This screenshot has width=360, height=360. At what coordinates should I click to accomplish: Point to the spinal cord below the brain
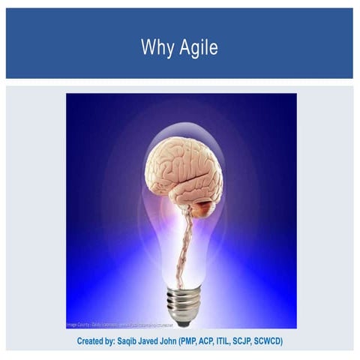[181, 240]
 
